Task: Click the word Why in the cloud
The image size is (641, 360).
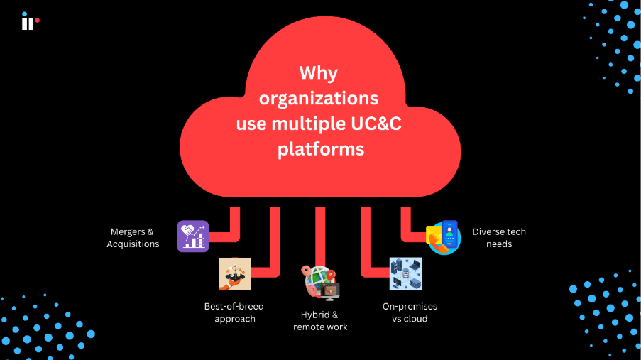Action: click(319, 73)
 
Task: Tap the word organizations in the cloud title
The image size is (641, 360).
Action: click(319, 99)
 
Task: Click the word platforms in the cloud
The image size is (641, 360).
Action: click(321, 149)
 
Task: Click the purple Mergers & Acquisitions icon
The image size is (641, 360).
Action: click(192, 236)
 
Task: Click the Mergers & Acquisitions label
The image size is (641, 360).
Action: click(133, 238)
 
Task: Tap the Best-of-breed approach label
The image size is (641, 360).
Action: click(234, 312)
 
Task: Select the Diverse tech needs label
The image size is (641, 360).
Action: click(499, 238)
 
